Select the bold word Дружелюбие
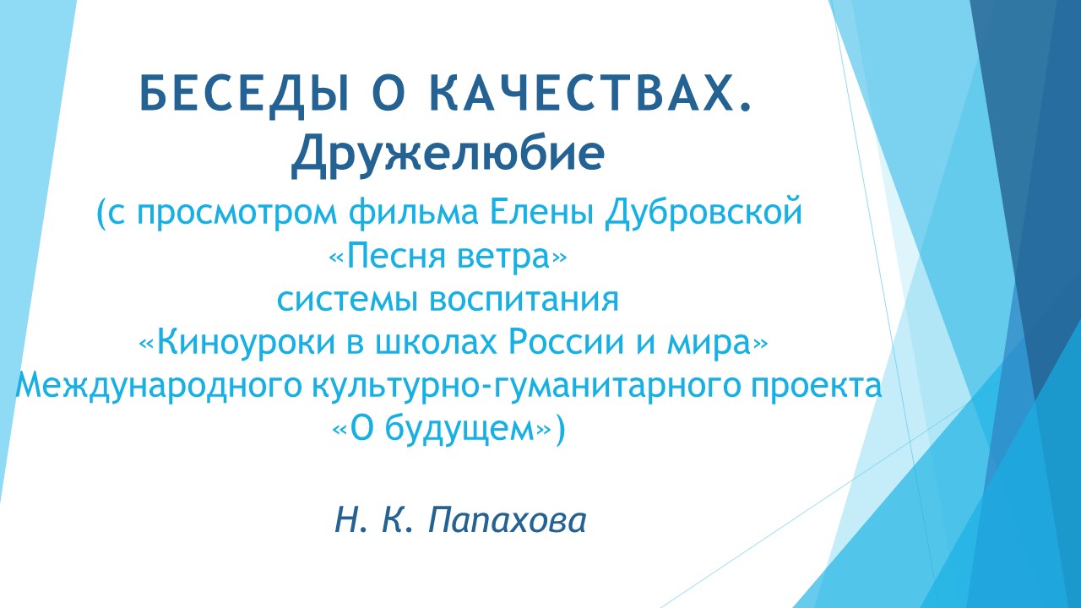pos(448,153)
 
